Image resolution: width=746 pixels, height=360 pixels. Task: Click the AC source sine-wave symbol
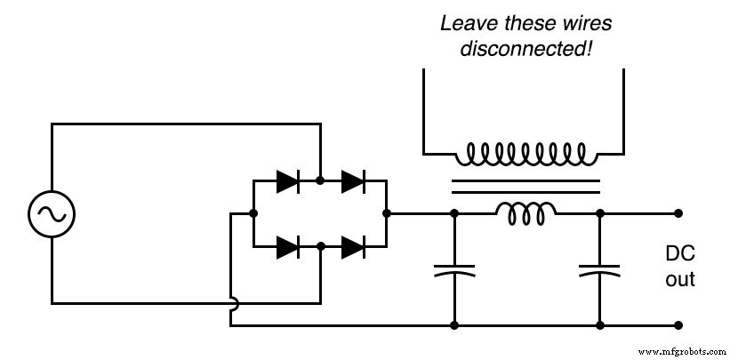click(x=52, y=213)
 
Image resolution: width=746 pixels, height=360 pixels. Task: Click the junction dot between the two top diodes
click(x=320, y=181)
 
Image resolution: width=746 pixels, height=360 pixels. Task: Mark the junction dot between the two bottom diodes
click(x=320, y=247)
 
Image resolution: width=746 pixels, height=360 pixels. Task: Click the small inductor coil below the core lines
click(x=526, y=211)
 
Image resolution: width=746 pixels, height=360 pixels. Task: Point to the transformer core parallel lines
click(x=526, y=187)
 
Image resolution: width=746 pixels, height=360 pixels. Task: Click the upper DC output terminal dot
click(x=678, y=213)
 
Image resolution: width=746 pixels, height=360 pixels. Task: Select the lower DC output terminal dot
click(x=678, y=325)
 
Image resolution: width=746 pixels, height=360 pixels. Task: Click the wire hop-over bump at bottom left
click(x=231, y=303)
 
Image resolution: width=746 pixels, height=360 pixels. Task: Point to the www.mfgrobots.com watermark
click(x=688, y=352)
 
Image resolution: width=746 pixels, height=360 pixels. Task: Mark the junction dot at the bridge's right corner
click(x=387, y=213)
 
